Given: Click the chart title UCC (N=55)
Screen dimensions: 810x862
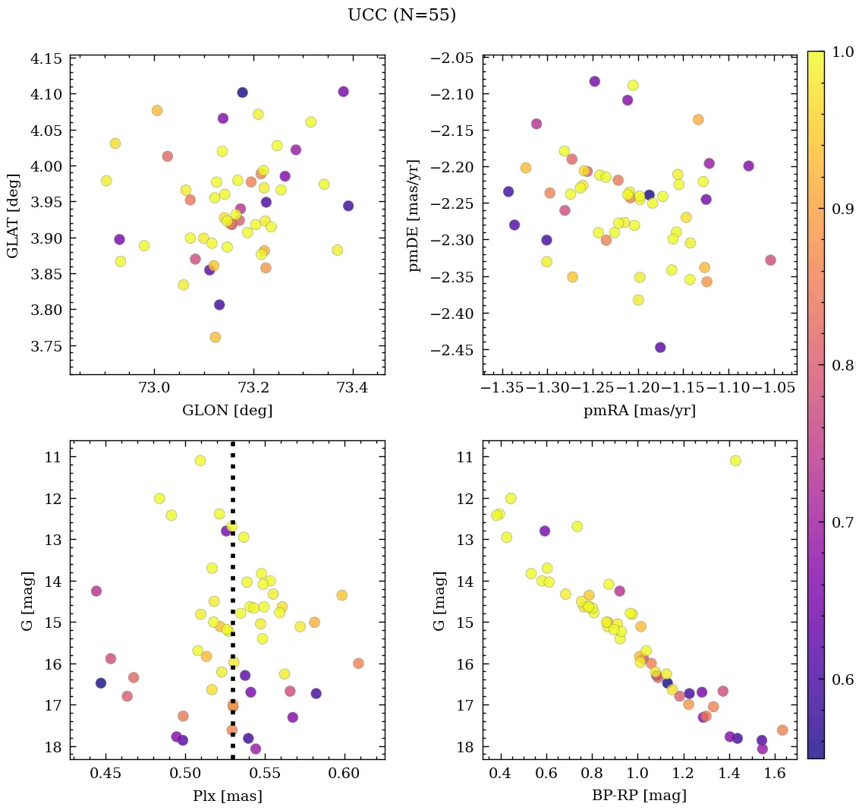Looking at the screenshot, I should pyautogui.click(x=401, y=15).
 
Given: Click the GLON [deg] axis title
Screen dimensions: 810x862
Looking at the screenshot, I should pyautogui.click(x=227, y=411).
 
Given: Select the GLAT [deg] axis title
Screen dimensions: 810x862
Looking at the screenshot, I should pyautogui.click(x=13, y=215).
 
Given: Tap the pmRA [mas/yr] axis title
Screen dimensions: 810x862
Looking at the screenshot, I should pyautogui.click(x=639, y=411).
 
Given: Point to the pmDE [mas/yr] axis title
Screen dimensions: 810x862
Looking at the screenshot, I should pyautogui.click(x=414, y=215).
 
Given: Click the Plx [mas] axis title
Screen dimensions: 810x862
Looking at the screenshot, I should pyautogui.click(x=227, y=796).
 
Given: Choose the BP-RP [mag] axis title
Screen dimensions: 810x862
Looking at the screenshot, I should pyautogui.click(x=639, y=796).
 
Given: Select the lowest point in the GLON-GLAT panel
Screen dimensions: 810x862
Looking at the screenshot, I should pyautogui.click(x=215, y=337).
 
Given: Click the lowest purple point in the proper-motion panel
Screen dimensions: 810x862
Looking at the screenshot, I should pyautogui.click(x=660, y=348).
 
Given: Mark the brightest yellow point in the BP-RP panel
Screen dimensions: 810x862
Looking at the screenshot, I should pyautogui.click(x=735, y=461).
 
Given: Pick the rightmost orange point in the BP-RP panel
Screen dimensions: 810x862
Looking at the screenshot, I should pyautogui.click(x=782, y=730).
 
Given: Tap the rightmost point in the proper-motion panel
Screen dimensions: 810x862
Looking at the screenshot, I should pyautogui.click(x=770, y=260).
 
